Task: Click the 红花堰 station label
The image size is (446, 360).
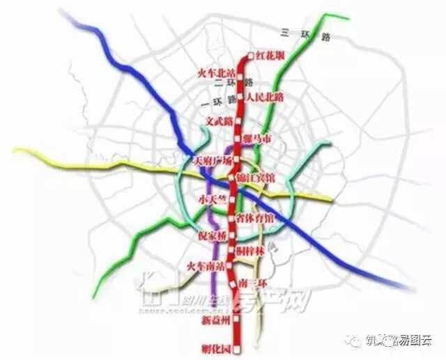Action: [270, 55]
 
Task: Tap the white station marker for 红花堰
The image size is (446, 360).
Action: [250, 56]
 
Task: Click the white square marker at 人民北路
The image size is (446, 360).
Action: [241, 97]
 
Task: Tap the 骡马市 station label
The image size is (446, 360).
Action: [259, 139]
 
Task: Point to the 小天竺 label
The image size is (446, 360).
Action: [213, 199]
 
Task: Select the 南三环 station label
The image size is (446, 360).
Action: [254, 283]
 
